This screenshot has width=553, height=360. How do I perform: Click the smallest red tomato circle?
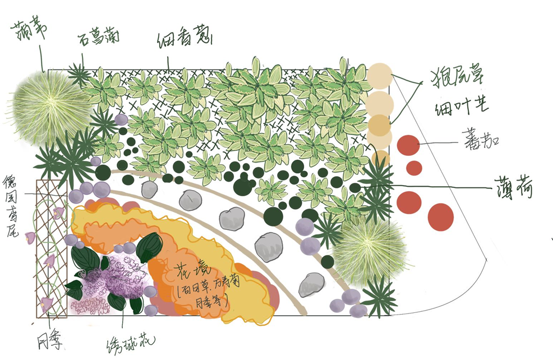coord(414,168)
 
